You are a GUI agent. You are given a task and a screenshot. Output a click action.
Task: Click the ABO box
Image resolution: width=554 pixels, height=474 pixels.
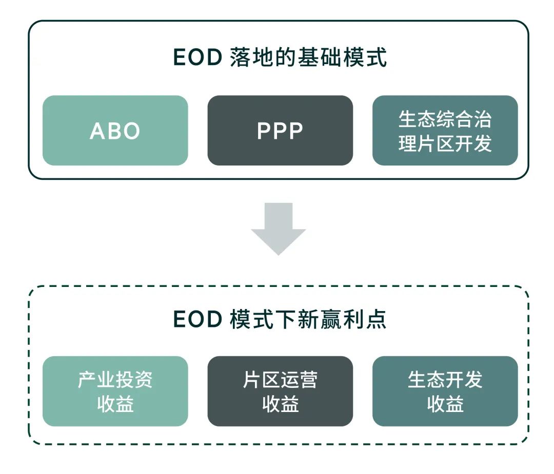pos(115,130)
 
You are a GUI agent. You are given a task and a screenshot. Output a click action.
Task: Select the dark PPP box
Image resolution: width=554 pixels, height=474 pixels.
pos(280,130)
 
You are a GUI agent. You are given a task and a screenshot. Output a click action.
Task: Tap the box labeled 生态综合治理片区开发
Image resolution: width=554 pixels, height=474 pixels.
pos(445,130)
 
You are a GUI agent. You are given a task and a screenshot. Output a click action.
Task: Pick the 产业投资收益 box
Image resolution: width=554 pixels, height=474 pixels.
pos(115,391)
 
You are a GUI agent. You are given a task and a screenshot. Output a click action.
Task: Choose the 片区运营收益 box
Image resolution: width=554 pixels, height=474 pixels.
pos(280,391)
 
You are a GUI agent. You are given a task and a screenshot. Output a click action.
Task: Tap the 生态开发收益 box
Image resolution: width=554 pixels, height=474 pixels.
pos(445,391)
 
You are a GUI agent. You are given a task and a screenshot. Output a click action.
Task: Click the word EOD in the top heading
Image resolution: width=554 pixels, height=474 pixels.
pos(197,57)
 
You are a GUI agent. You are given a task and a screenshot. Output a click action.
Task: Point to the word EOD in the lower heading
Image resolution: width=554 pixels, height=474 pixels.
pos(197,319)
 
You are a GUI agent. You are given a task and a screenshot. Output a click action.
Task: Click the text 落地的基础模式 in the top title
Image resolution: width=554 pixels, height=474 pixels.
pos(308,57)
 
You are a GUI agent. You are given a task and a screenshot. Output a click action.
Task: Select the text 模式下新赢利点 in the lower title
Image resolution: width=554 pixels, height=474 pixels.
pos(308,319)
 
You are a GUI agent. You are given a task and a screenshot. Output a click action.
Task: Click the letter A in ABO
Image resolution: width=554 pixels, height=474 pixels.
pos(97,131)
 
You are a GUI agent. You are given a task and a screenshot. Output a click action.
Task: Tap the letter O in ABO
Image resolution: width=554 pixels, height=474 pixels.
pos(131,131)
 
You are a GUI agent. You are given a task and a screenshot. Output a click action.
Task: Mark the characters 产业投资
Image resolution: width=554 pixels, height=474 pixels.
pos(115,380)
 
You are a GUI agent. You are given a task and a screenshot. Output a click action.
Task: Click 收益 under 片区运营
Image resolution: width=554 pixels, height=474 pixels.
pos(280,404)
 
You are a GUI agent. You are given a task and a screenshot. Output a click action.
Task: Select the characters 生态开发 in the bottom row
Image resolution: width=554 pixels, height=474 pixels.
pos(445,380)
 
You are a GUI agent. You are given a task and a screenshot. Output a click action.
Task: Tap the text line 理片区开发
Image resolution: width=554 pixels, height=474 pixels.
pos(445,143)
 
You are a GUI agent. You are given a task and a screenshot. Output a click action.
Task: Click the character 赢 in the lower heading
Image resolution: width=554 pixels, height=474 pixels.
pos(331,319)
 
